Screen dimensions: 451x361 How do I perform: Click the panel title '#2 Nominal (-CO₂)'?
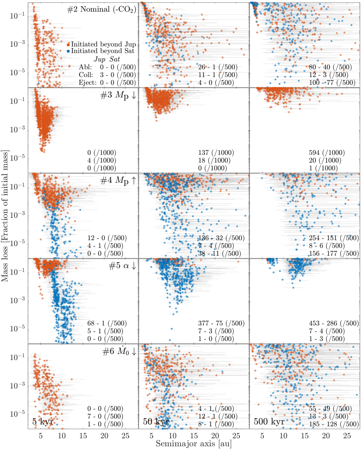coord(101,9)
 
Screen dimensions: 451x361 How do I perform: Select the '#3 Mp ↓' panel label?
coord(118,95)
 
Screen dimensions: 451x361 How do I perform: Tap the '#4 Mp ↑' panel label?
coord(118,181)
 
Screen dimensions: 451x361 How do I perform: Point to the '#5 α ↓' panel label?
coord(122,266)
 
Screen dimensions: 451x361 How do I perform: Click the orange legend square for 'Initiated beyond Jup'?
coord(68,45)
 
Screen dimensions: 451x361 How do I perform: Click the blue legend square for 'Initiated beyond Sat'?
coord(68,51)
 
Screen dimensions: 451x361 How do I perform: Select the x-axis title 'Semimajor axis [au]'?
coord(193,443)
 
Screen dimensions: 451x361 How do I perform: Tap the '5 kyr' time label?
coord(43,422)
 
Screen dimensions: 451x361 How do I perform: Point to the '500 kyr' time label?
coord(269,422)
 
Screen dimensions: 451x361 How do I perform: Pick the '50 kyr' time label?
coord(156,422)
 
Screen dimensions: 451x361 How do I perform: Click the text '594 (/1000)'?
coord(327,153)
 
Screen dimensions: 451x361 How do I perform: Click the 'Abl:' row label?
coord(85,67)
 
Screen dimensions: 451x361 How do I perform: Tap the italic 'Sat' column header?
coord(115,59)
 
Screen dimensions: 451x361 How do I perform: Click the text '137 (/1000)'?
coord(216,153)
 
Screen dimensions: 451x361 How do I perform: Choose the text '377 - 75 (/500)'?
coord(221,324)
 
